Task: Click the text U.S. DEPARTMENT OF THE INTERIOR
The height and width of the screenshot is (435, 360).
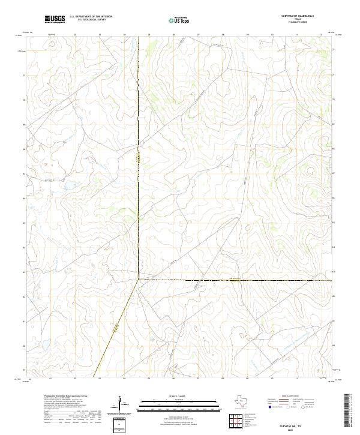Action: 91,17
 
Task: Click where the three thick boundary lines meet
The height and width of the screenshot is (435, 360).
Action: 139,280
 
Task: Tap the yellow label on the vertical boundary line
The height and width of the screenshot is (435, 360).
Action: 138,158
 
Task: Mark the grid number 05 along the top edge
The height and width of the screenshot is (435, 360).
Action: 149,34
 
